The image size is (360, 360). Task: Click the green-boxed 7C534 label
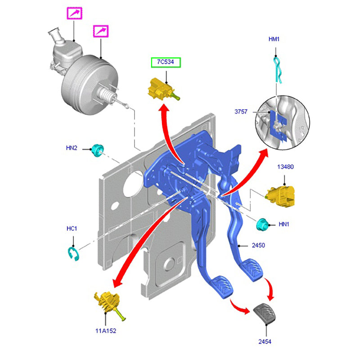165,63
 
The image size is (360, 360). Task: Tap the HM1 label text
274,40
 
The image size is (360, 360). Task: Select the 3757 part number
241,111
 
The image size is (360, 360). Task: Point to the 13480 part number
285,166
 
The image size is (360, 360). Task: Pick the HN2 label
72,148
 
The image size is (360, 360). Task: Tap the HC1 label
72,229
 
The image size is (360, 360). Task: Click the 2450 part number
258,245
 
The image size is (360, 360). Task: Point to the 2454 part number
265,342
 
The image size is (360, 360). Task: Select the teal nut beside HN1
261,224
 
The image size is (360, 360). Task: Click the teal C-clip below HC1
73,252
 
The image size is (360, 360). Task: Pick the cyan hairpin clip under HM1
278,70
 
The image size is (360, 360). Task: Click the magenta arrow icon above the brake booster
101,31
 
